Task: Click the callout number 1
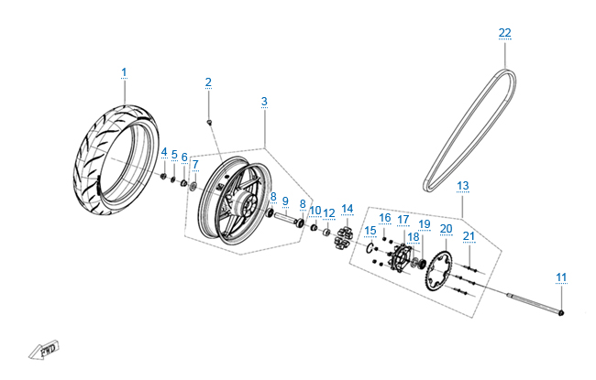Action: pos(125,72)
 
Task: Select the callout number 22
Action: pos(505,33)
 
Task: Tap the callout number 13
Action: pos(463,186)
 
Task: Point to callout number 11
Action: pos(561,277)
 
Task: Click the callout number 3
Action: pos(264,101)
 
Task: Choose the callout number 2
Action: pos(208,83)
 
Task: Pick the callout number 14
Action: pos(347,209)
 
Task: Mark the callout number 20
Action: pos(447,229)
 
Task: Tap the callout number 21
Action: pos(469,237)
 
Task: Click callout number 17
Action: pos(403,220)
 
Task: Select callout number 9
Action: pos(284,201)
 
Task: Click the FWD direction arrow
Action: pos(42,349)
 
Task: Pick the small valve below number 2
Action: pos(211,121)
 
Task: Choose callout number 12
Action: pos(329,213)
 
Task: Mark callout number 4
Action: pos(164,152)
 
